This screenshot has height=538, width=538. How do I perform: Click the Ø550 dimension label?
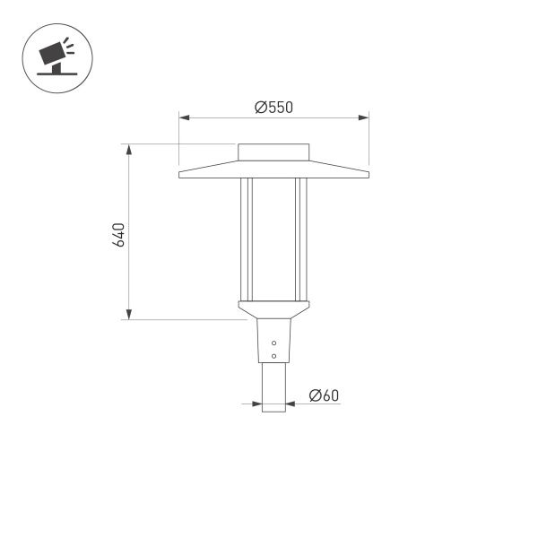tap(274, 108)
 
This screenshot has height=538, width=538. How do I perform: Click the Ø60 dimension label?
tap(324, 395)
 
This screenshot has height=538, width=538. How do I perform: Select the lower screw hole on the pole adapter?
tap(274, 356)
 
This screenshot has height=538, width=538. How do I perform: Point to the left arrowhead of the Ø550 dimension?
tap(183, 117)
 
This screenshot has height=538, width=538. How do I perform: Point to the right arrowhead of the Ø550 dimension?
tap(365, 117)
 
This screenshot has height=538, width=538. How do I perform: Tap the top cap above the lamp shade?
tap(274, 152)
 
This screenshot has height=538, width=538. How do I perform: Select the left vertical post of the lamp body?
tap(245, 238)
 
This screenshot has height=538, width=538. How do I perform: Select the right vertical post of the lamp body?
tap(304, 238)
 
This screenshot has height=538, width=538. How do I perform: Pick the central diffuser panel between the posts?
tap(274, 238)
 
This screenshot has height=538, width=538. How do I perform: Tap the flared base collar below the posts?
tap(274, 309)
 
